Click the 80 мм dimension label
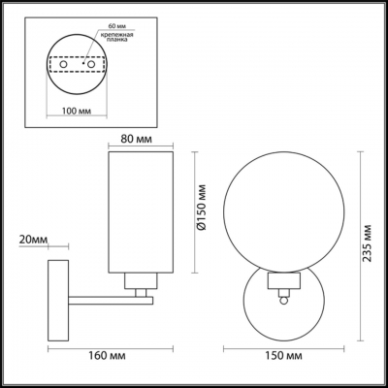coord(140,138)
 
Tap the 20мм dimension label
coord(34,239)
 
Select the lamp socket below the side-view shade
coord(140,282)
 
